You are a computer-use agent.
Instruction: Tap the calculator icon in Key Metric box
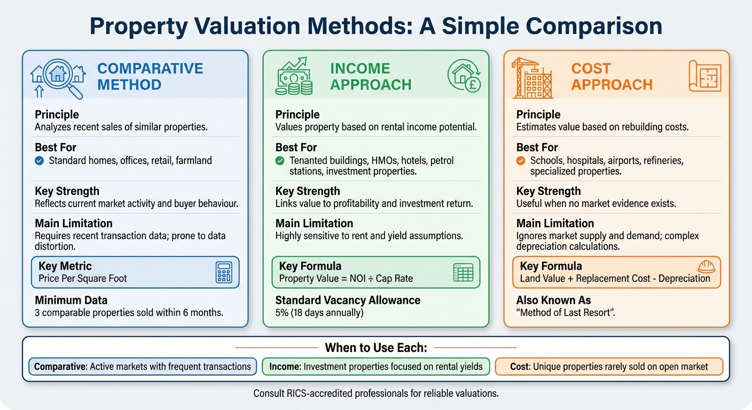point(223,272)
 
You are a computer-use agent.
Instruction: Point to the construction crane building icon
point(532,78)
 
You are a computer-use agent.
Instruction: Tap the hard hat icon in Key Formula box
point(706,267)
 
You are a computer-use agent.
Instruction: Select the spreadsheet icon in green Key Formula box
point(463,272)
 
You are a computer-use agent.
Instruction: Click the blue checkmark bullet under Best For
point(39,160)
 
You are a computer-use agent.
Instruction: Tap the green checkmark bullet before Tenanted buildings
point(279,160)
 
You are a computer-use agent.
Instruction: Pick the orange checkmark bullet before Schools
point(520,160)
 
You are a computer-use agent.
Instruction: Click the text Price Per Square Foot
point(83,278)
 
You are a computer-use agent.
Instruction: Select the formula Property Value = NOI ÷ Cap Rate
point(346,278)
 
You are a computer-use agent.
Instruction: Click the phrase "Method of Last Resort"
point(566,312)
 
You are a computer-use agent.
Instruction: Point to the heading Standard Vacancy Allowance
point(348,300)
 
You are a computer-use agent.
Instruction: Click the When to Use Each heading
point(375,348)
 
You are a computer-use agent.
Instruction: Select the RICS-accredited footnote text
point(375,394)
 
